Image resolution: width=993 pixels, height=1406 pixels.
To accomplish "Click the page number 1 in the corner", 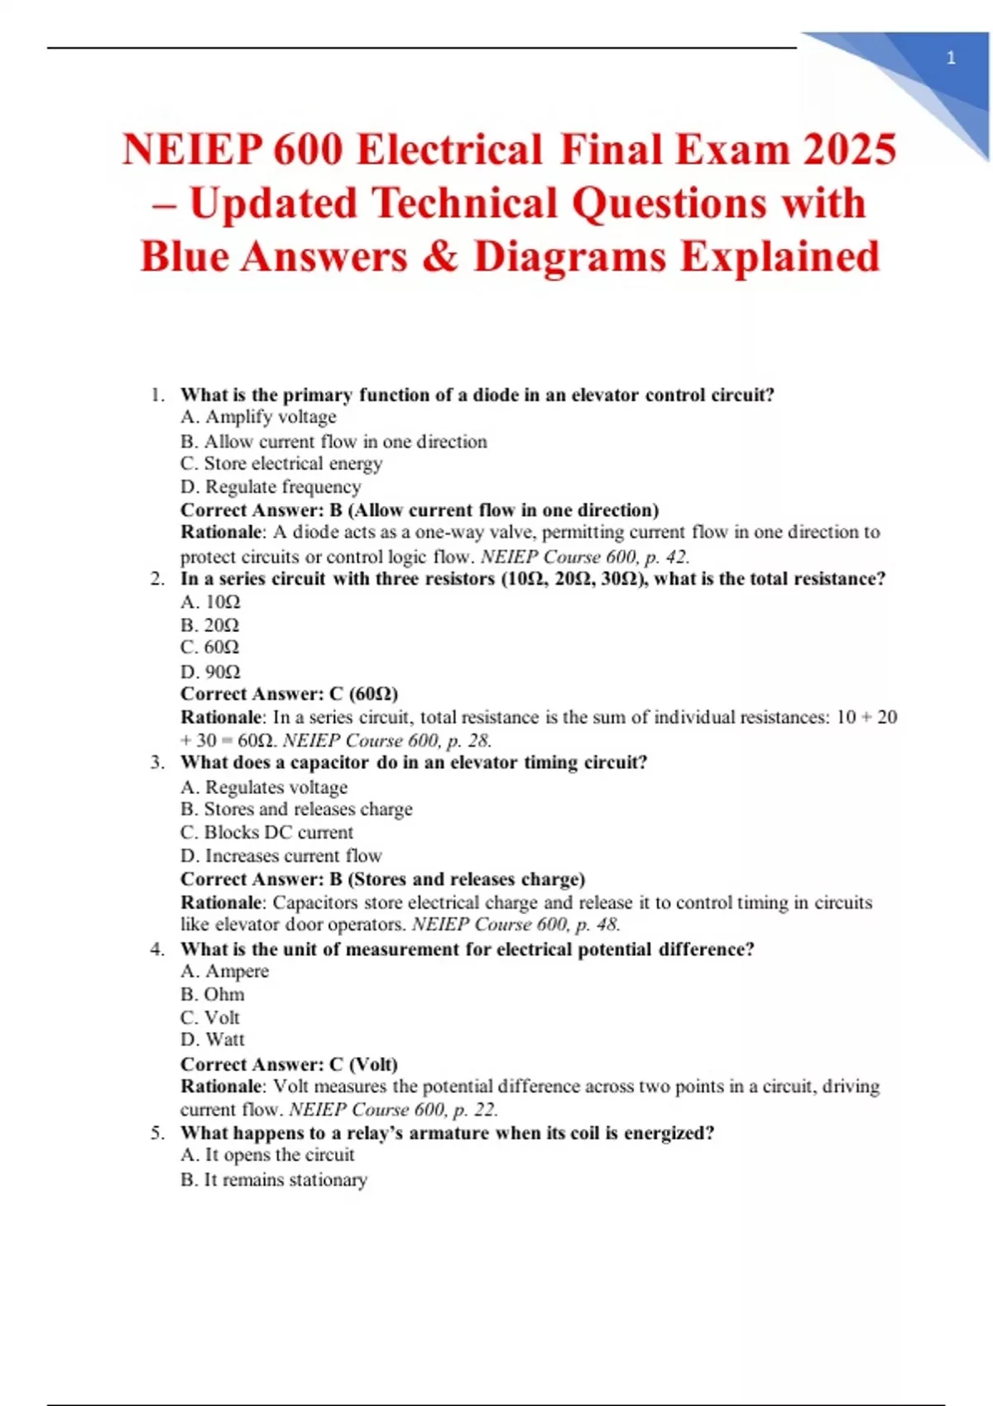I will (x=951, y=58).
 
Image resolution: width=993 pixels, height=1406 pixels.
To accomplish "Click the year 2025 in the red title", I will (x=849, y=151).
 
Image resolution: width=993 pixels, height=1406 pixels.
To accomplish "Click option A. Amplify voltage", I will (x=258, y=417).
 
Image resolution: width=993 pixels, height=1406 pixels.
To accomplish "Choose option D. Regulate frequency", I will (x=271, y=486).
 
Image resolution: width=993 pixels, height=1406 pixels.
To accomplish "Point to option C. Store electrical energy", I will (x=281, y=463).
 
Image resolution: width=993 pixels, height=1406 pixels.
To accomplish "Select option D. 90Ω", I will (x=210, y=671).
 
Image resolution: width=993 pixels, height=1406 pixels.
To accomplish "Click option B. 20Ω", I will (x=209, y=624).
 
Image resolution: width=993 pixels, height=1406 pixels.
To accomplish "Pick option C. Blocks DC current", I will (x=266, y=832).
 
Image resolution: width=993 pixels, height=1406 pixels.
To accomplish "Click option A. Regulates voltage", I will (x=264, y=787).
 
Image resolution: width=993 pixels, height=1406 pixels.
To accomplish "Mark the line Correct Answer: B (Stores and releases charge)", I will (x=383, y=878).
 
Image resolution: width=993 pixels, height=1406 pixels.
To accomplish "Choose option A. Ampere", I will (x=224, y=971).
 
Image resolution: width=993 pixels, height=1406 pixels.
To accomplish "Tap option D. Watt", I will (x=213, y=1040).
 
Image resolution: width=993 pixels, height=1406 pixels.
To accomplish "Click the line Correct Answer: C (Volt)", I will (x=290, y=1064).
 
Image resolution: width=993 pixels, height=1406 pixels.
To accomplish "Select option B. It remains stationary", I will (x=274, y=1179).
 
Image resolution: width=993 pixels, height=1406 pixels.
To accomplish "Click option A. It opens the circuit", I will (x=267, y=1155).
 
